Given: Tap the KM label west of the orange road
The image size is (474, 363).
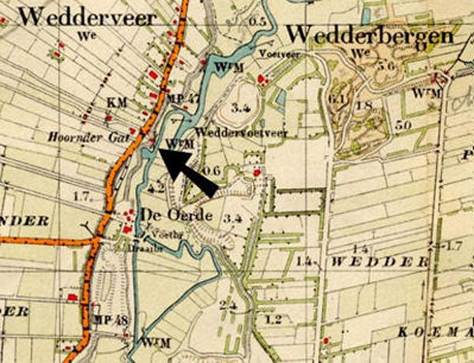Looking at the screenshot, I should (x=116, y=103).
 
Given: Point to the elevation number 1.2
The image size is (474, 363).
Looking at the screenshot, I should (x=274, y=320).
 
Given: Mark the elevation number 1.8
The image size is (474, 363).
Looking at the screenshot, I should (x=364, y=105).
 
